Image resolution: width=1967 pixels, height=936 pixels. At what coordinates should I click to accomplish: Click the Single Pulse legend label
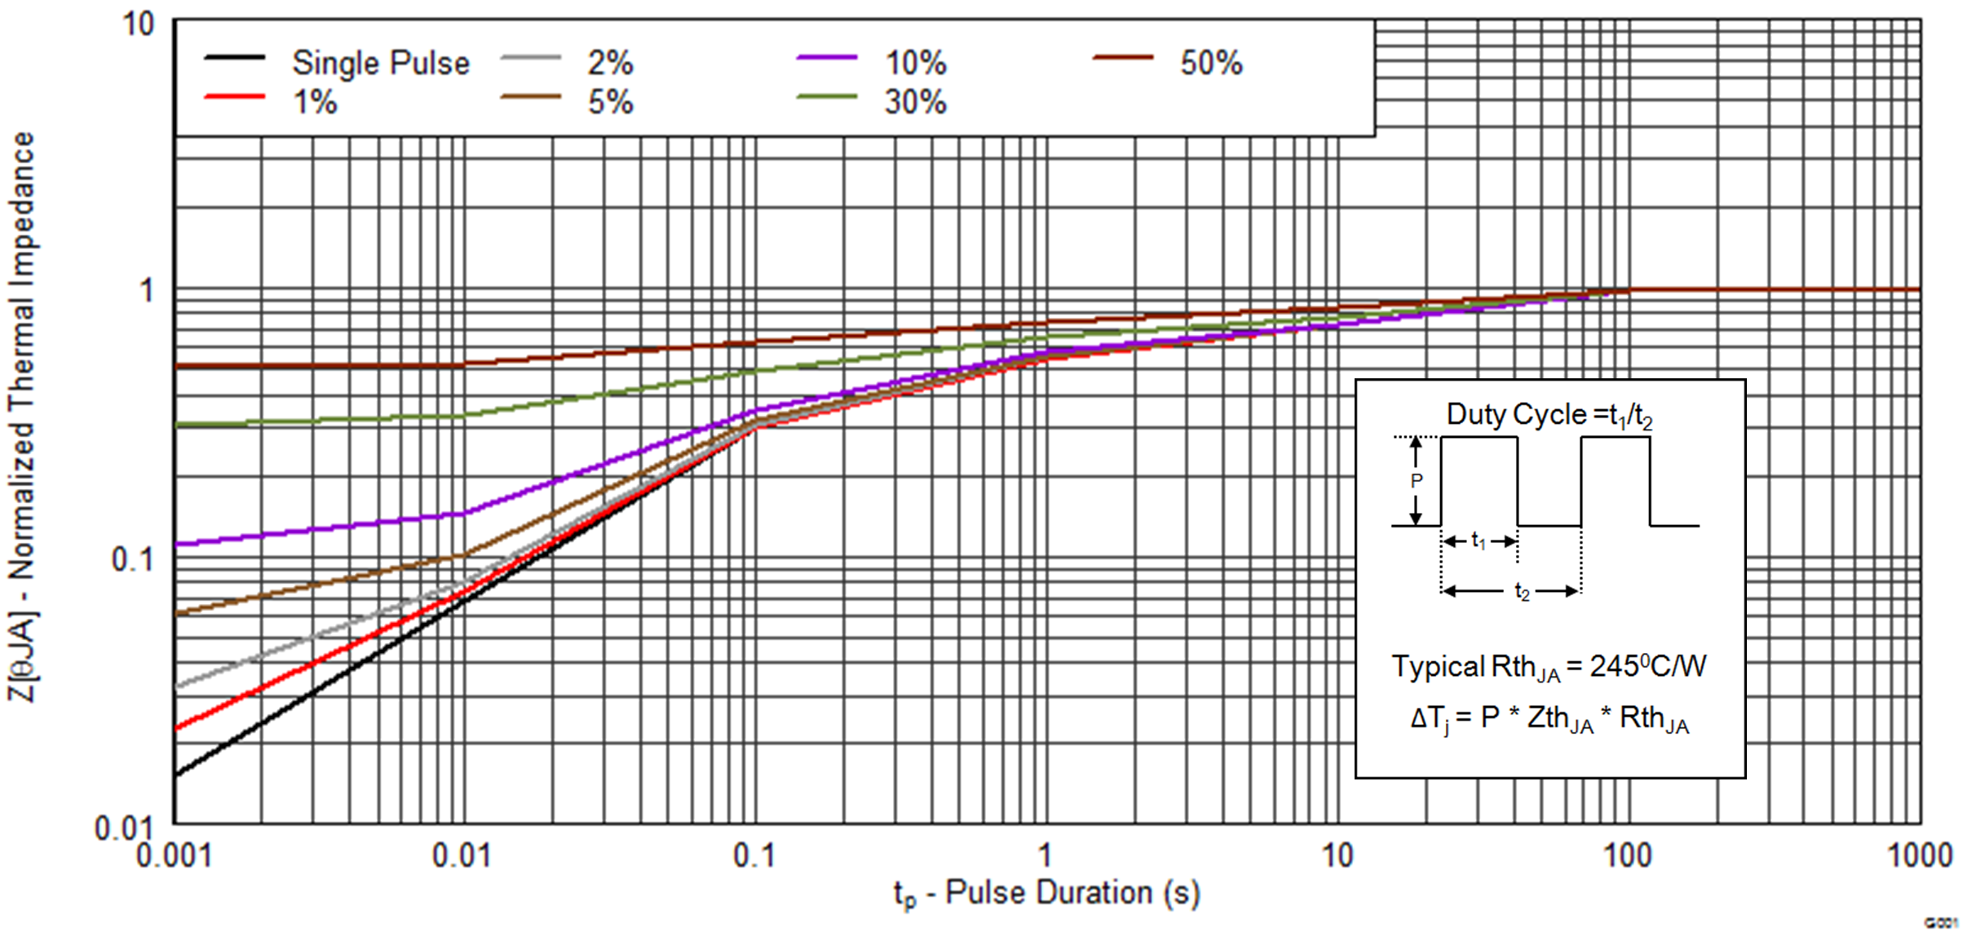point(380,63)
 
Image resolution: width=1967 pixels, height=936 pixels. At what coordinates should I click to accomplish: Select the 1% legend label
point(315,103)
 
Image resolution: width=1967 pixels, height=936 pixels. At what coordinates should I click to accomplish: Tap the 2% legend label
point(610,63)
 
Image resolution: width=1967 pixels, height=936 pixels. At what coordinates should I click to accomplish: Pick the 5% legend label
point(610,103)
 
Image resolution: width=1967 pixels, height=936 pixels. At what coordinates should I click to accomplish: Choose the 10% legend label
point(915,63)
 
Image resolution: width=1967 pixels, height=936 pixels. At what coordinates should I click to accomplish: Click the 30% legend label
point(915,103)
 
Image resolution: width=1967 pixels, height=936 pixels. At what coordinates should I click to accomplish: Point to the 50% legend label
point(1211,63)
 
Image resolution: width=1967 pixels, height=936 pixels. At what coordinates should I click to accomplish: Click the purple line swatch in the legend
point(826,58)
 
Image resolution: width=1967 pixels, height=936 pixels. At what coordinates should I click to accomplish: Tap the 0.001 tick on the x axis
point(174,855)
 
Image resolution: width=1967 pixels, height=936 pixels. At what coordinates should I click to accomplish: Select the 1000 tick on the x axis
point(1920,855)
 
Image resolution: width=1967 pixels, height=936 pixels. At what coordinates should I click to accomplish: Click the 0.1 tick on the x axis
point(754,855)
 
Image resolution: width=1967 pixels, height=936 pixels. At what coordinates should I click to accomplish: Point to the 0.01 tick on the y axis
point(123,828)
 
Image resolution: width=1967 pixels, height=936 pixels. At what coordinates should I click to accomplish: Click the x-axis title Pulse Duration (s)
point(1047,893)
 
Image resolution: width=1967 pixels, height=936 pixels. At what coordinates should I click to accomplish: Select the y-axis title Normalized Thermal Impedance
point(22,416)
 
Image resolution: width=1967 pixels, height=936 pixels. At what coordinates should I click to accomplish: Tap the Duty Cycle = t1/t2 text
point(1549,415)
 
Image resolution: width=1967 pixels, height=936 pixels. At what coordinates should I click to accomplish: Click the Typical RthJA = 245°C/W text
point(1549,667)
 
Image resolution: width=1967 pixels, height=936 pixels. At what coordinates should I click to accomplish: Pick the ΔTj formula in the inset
point(1549,718)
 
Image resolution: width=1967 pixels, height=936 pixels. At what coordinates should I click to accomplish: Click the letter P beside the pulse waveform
point(1417,481)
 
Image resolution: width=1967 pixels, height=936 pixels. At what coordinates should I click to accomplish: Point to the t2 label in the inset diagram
point(1522,591)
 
